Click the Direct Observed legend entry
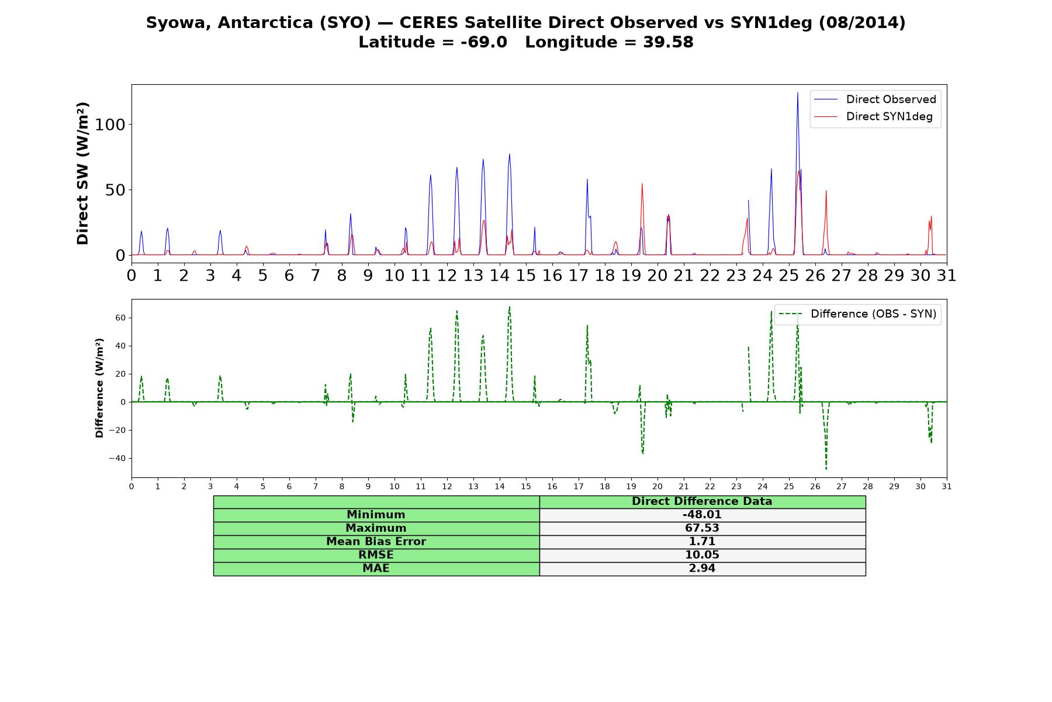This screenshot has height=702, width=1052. pos(875,99)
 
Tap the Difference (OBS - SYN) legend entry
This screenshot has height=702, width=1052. pos(857,314)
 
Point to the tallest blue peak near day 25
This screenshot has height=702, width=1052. pos(797,92)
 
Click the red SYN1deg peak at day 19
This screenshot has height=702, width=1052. pos(642,184)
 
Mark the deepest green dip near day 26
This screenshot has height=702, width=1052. pos(826,469)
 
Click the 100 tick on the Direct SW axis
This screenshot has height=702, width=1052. pos(110,125)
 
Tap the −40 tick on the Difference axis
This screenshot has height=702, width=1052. pos(117,458)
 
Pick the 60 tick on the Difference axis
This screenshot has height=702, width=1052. pos(121,318)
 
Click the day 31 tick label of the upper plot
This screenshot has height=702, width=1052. pos(947,275)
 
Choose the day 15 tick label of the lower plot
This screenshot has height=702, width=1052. pos(526,486)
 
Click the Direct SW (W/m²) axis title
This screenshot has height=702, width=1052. pos(82,173)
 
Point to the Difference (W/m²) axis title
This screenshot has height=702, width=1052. pos(99,388)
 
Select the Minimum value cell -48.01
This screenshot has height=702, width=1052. pos(702,515)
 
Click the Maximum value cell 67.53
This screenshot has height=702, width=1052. pos(702,528)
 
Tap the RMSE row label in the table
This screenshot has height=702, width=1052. pos(376,555)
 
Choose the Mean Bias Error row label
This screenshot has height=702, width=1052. pos(376,542)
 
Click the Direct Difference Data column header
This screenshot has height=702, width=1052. pos(702,501)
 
